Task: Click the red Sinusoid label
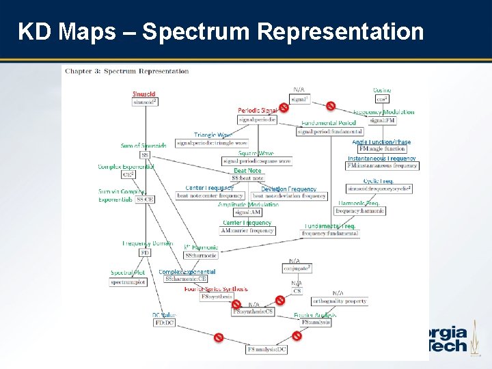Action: pyautogui.click(x=144, y=94)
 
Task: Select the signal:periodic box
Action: pyautogui.click(x=258, y=120)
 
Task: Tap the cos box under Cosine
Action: pyautogui.click(x=381, y=99)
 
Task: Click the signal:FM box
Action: pyautogui.click(x=382, y=120)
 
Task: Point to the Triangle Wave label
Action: pyautogui.click(x=213, y=135)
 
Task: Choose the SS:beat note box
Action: pyautogui.click(x=247, y=178)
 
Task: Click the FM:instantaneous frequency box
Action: pyautogui.click(x=382, y=166)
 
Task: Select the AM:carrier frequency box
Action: pyautogui.click(x=248, y=231)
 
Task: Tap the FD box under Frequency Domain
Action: pyautogui.click(x=145, y=252)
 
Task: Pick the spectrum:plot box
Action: pyautogui.click(x=128, y=282)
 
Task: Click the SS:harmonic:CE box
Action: pyautogui.click(x=185, y=279)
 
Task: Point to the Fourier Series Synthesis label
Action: pyautogui.click(x=216, y=289)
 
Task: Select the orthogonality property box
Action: pyautogui.click(x=339, y=301)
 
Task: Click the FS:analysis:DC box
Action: pyautogui.click(x=266, y=350)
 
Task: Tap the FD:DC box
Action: pyautogui.click(x=164, y=323)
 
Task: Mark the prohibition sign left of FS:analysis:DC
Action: pyautogui.click(x=219, y=337)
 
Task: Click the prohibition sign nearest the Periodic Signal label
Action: pyautogui.click(x=284, y=107)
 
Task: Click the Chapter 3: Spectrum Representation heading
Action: pyautogui.click(x=126, y=71)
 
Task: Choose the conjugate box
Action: pyautogui.click(x=297, y=269)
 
